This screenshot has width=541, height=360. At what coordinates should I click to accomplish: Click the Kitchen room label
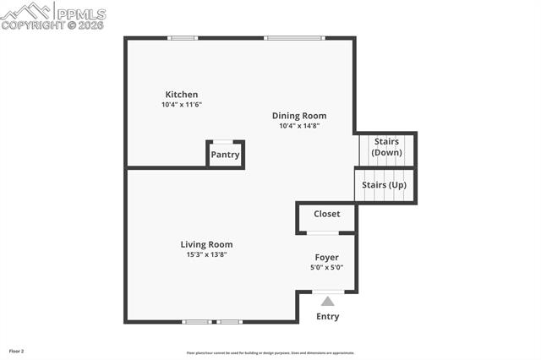(182, 95)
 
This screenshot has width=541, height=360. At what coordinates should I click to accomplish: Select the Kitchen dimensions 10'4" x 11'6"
(182, 105)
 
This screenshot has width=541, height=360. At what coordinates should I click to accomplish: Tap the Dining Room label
(299, 116)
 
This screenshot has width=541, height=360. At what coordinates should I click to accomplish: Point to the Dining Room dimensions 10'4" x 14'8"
(299, 126)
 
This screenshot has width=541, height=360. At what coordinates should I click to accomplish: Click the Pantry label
(226, 155)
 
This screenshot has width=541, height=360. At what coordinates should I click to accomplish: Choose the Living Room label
(206, 244)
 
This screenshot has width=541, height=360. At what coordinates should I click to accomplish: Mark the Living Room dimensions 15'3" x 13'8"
(206, 254)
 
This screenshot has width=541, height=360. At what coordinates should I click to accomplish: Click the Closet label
(327, 214)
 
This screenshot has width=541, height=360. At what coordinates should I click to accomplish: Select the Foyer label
(327, 257)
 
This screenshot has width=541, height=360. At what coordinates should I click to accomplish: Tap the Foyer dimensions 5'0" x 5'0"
(327, 267)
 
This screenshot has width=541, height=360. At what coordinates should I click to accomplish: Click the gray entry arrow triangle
(327, 300)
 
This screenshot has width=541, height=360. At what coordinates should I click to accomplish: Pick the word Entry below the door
(327, 317)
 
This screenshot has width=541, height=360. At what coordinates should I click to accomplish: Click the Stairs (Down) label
(386, 147)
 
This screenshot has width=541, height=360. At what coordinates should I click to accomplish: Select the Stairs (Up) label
(385, 184)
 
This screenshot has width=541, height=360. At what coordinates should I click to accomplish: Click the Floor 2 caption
(17, 350)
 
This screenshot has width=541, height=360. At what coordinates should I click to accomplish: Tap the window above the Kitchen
(183, 38)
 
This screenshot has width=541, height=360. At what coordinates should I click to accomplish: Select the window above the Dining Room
(294, 38)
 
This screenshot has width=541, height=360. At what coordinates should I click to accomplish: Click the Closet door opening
(323, 232)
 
